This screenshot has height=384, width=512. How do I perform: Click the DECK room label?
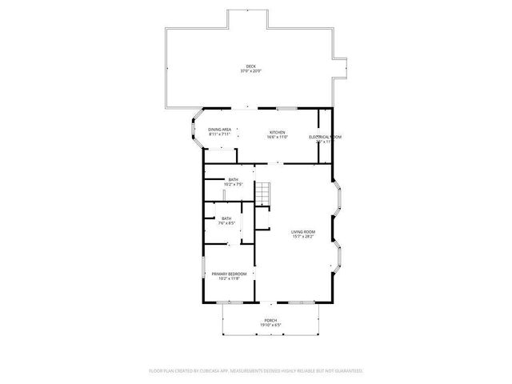250,66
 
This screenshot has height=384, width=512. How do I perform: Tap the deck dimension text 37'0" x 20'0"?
250,71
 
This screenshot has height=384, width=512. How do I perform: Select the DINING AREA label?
220,130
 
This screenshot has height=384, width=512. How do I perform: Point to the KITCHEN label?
277,132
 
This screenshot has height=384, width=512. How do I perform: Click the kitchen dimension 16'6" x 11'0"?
277,137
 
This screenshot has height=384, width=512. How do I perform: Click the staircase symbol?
264,192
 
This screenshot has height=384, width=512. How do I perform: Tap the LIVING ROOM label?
302,232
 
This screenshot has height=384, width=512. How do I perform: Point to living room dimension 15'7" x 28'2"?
302,237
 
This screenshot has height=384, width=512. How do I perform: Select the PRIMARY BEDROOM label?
229,274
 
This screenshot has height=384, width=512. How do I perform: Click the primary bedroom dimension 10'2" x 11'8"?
229,278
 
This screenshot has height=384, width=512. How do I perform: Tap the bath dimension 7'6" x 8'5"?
226,223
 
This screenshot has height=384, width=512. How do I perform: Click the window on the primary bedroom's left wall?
202,270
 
